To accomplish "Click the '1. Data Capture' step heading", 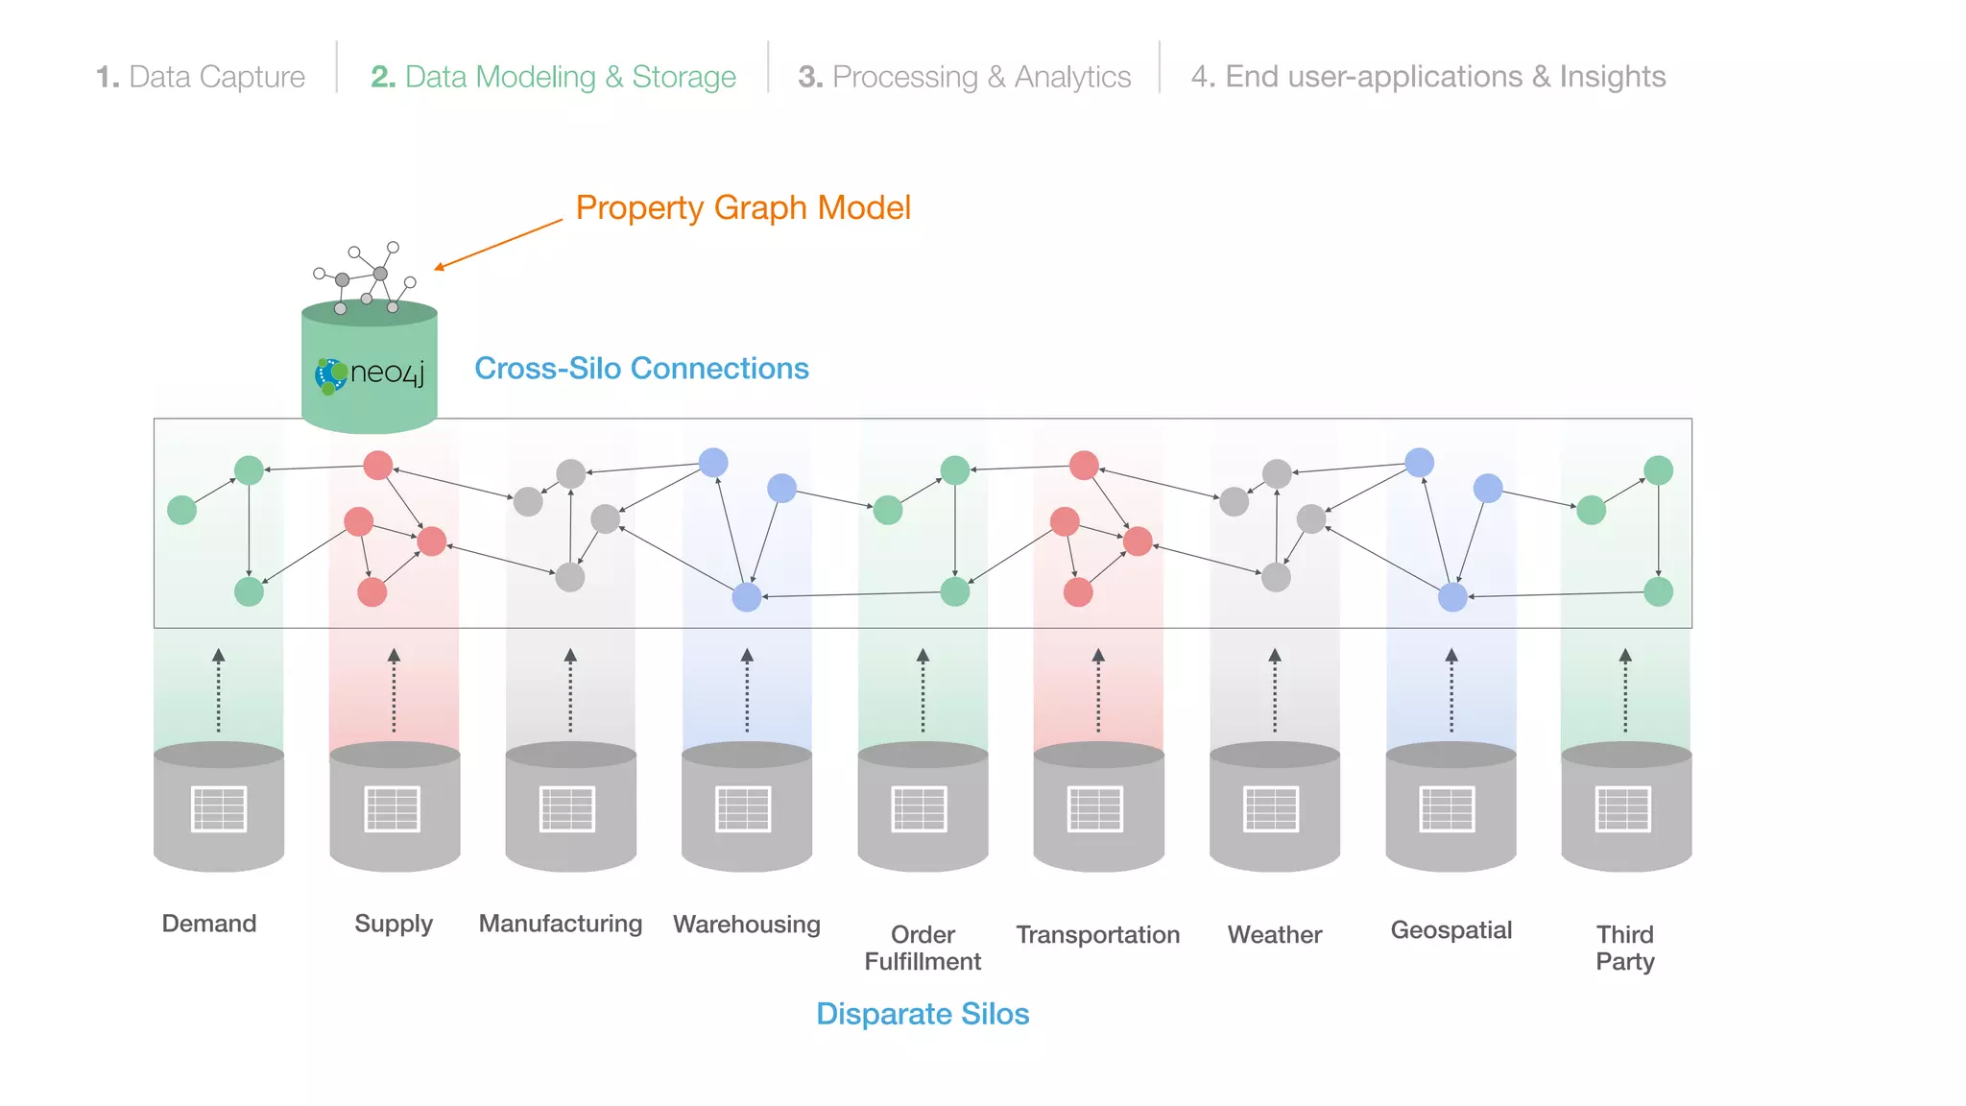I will click(x=201, y=77).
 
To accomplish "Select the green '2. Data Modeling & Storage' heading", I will click(x=553, y=77).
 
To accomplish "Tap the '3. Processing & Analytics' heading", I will click(x=965, y=77).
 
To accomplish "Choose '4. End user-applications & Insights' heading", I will click(x=1427, y=77).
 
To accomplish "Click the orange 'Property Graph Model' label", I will click(x=743, y=207).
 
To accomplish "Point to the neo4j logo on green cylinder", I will click(x=370, y=373).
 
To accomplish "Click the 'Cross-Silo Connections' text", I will click(x=641, y=369).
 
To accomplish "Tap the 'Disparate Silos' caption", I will click(x=923, y=1014).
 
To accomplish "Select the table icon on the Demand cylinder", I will click(x=219, y=808).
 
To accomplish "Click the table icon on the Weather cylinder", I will click(x=1271, y=808).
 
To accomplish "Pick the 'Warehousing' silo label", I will click(x=747, y=924).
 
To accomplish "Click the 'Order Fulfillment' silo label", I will click(x=923, y=948).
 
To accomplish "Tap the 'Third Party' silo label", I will click(x=1624, y=948).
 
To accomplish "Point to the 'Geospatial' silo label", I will click(x=1451, y=929).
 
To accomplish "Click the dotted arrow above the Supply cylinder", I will click(x=394, y=691).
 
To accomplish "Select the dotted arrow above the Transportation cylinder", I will click(x=1098, y=691).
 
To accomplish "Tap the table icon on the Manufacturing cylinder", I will click(x=567, y=808).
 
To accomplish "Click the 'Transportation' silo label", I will click(x=1097, y=934).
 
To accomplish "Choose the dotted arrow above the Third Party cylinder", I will click(x=1624, y=691).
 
